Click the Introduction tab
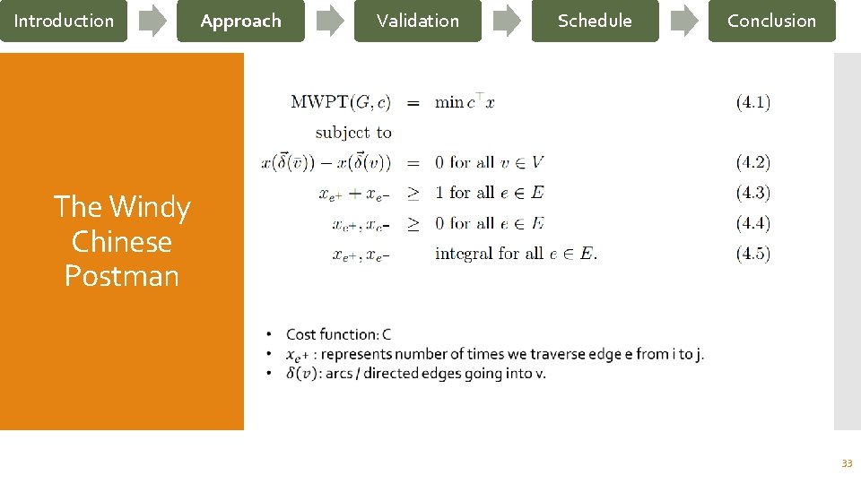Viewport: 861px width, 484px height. [x=64, y=21]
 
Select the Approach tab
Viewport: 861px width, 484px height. [x=240, y=21]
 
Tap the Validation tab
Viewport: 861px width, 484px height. [x=417, y=21]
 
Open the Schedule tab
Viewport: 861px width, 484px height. [x=595, y=21]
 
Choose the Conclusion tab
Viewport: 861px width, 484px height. [x=771, y=21]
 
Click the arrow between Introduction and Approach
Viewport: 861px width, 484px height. [x=152, y=21]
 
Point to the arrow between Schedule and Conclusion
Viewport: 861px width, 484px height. [x=684, y=21]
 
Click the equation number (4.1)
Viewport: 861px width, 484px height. [x=752, y=102]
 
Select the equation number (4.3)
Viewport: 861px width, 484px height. [x=752, y=193]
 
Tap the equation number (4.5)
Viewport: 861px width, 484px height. [x=752, y=254]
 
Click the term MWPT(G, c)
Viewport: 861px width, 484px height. [x=341, y=102]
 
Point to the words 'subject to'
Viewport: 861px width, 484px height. [x=353, y=133]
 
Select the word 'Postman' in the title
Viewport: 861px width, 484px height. [x=122, y=276]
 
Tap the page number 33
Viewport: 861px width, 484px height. [x=846, y=463]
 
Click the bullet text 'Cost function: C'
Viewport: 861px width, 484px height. [x=338, y=334]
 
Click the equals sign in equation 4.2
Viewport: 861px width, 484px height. [x=413, y=163]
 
